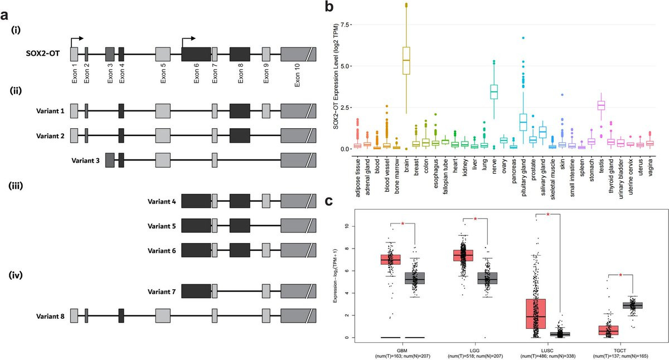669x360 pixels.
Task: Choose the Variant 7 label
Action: coord(162,291)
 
